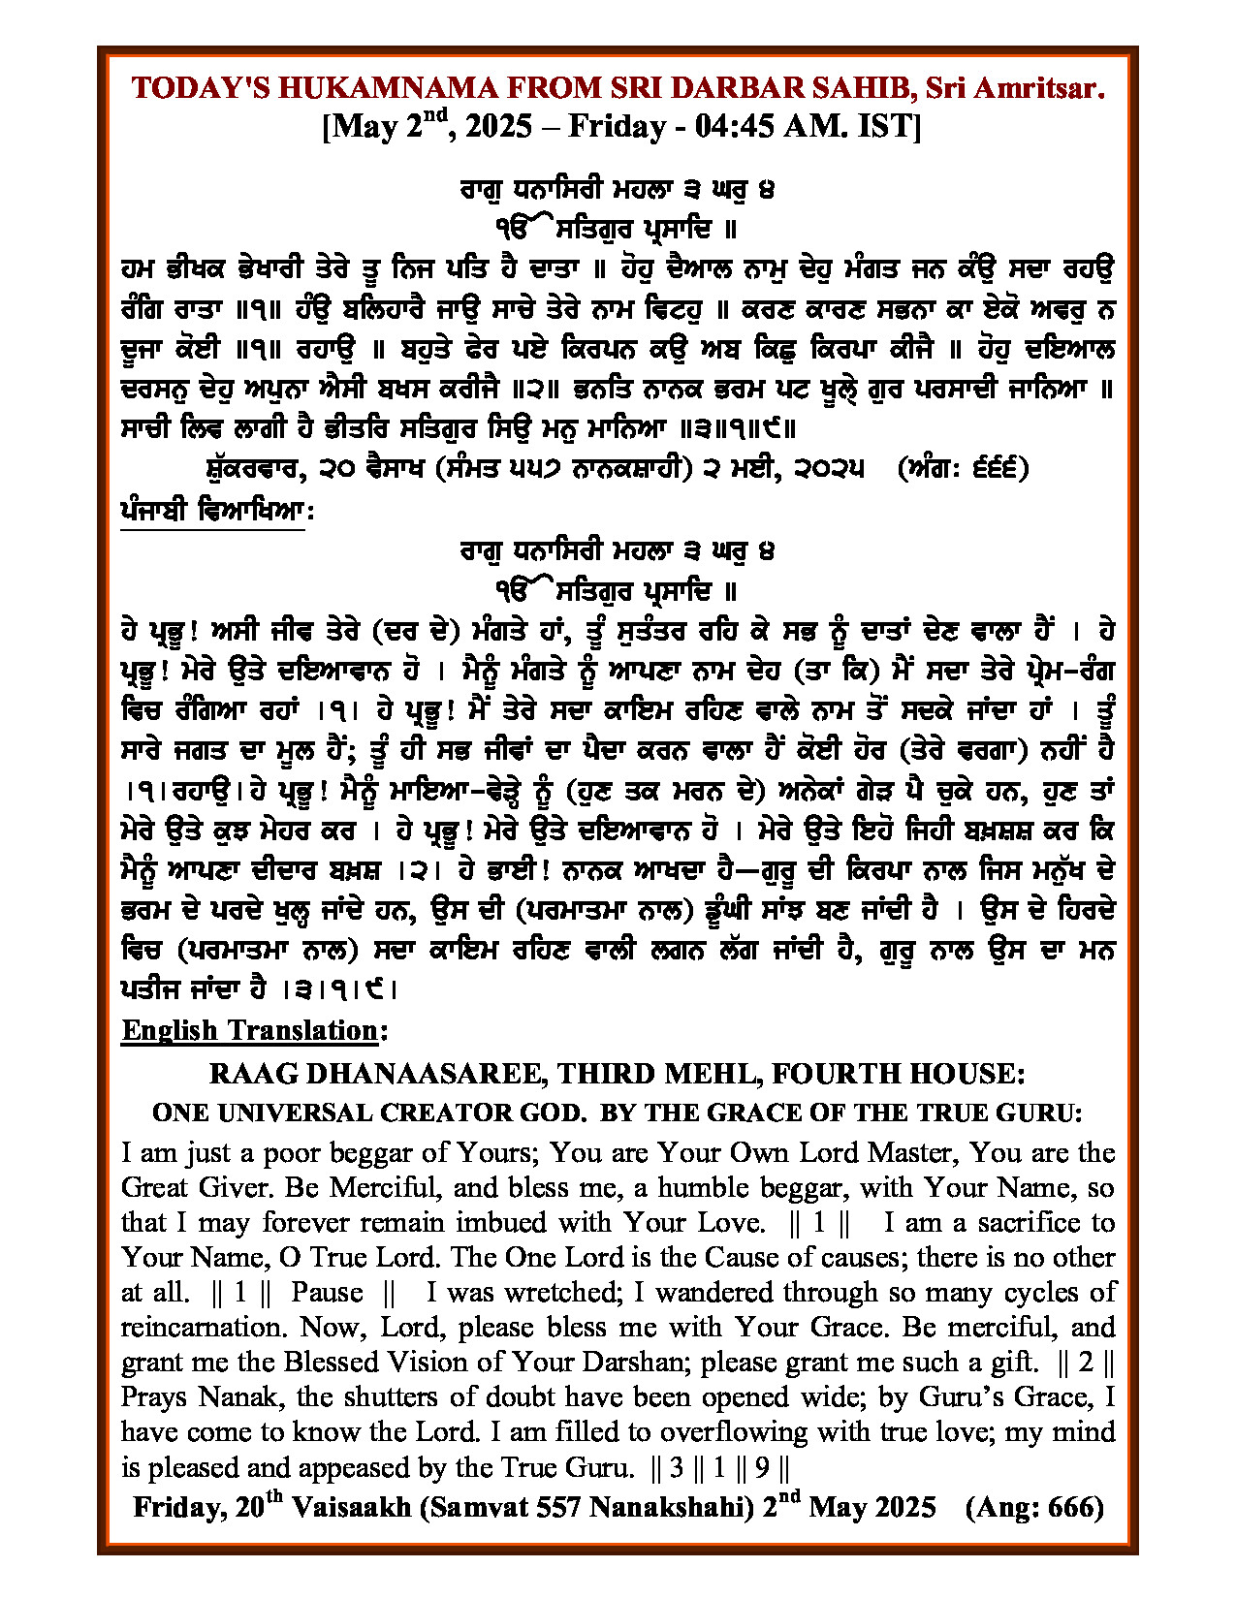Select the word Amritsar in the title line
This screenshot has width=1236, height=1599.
(1049, 88)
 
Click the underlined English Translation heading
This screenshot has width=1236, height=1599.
(249, 1029)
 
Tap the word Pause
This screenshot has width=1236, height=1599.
(327, 1292)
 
